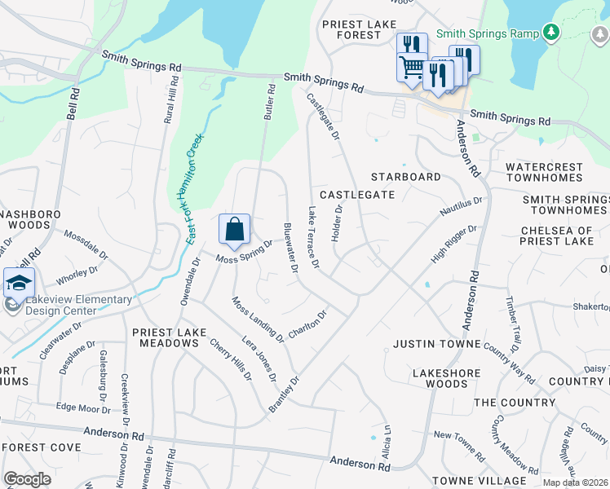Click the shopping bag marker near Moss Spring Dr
coord(234,229)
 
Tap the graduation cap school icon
coord(19,283)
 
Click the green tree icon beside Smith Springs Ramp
coord(552,32)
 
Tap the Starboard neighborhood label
coord(405,177)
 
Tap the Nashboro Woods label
coord(22,218)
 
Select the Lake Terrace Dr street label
coord(312,237)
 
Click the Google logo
coord(28,479)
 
